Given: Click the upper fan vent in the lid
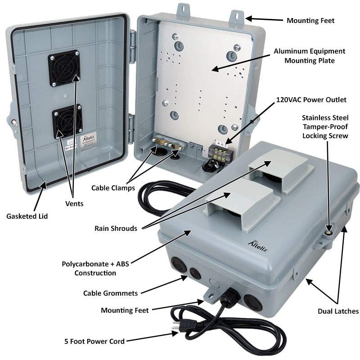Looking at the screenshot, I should coord(64,67).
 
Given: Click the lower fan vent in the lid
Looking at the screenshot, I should coord(67,121).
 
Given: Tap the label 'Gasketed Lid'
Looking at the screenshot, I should coord(27,216).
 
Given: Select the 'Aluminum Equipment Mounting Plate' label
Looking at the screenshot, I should coord(309,56).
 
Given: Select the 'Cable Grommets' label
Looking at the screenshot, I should coord(110,293).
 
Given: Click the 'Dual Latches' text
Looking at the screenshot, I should coord(338,311).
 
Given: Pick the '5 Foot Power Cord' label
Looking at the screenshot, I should coord(94,341).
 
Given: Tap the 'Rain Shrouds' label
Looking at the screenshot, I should coord(116,228).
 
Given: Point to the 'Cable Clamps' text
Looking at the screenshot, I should coord(112,188).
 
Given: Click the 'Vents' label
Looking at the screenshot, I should coord(74,204).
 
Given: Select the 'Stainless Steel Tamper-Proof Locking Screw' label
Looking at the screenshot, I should coord(325,126).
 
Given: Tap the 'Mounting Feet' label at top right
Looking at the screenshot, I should coord(310,21).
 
